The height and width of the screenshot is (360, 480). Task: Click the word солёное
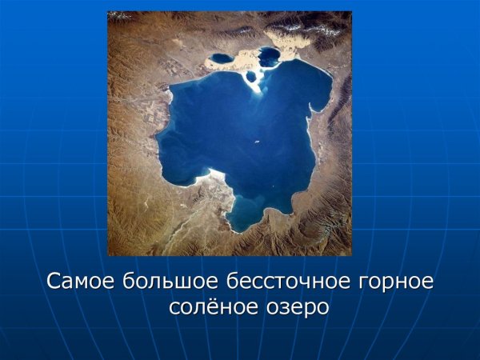tap(207, 307)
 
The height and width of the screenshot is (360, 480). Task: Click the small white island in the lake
tap(256, 143)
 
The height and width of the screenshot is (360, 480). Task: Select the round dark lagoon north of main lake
tap(270, 56)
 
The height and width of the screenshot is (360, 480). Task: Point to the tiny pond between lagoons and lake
tap(251, 77)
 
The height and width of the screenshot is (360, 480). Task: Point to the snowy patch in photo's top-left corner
tap(120, 15)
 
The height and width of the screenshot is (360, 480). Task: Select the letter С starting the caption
tap(54, 282)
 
